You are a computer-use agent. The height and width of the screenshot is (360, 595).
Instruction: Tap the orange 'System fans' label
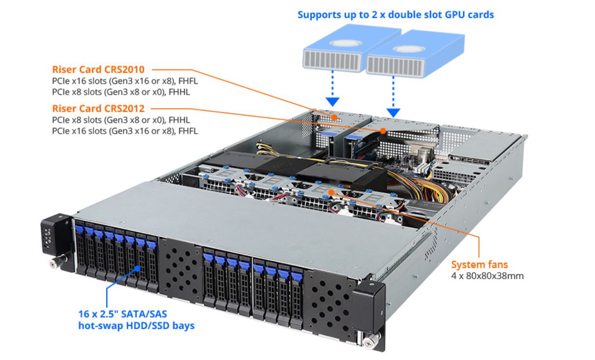coord(479,265)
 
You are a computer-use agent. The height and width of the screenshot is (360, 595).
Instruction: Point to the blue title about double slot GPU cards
coord(396,15)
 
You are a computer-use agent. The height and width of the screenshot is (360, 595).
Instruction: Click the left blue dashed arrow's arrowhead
coord(333,102)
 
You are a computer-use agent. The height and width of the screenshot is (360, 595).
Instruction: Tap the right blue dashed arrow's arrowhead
coord(394,112)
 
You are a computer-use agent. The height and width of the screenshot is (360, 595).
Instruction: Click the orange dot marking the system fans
coord(331,192)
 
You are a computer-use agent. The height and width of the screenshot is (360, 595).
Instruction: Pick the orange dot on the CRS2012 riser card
coord(383,131)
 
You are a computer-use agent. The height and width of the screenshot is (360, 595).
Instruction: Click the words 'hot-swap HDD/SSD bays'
coord(136,325)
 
